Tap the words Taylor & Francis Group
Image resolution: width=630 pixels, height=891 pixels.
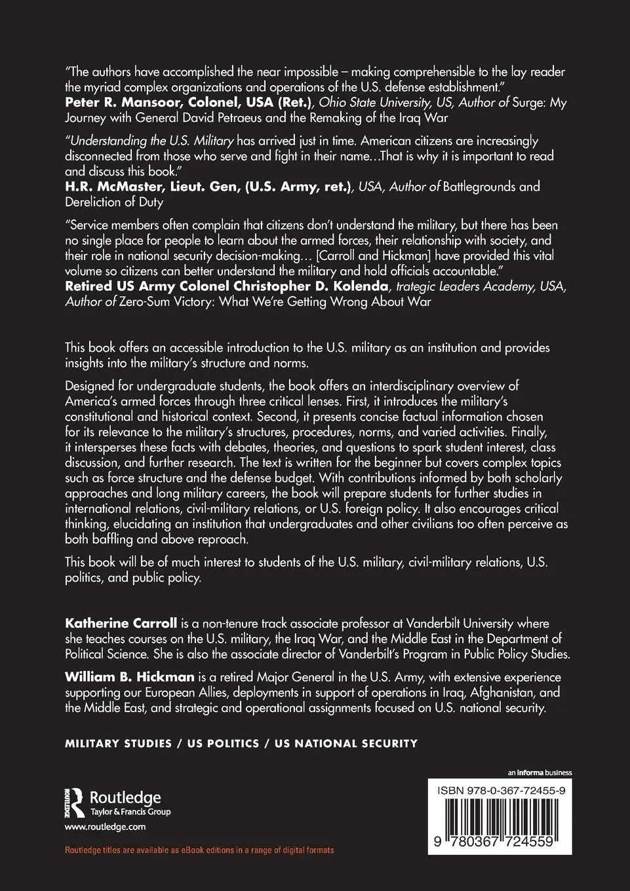130,812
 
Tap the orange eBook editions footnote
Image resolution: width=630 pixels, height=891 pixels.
199,850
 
